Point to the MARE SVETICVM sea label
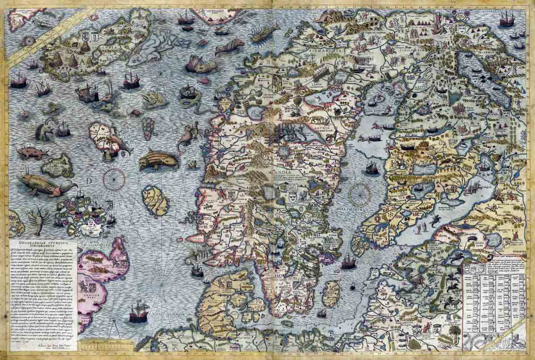click(x=353, y=209)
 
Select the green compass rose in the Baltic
click(x=359, y=195)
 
